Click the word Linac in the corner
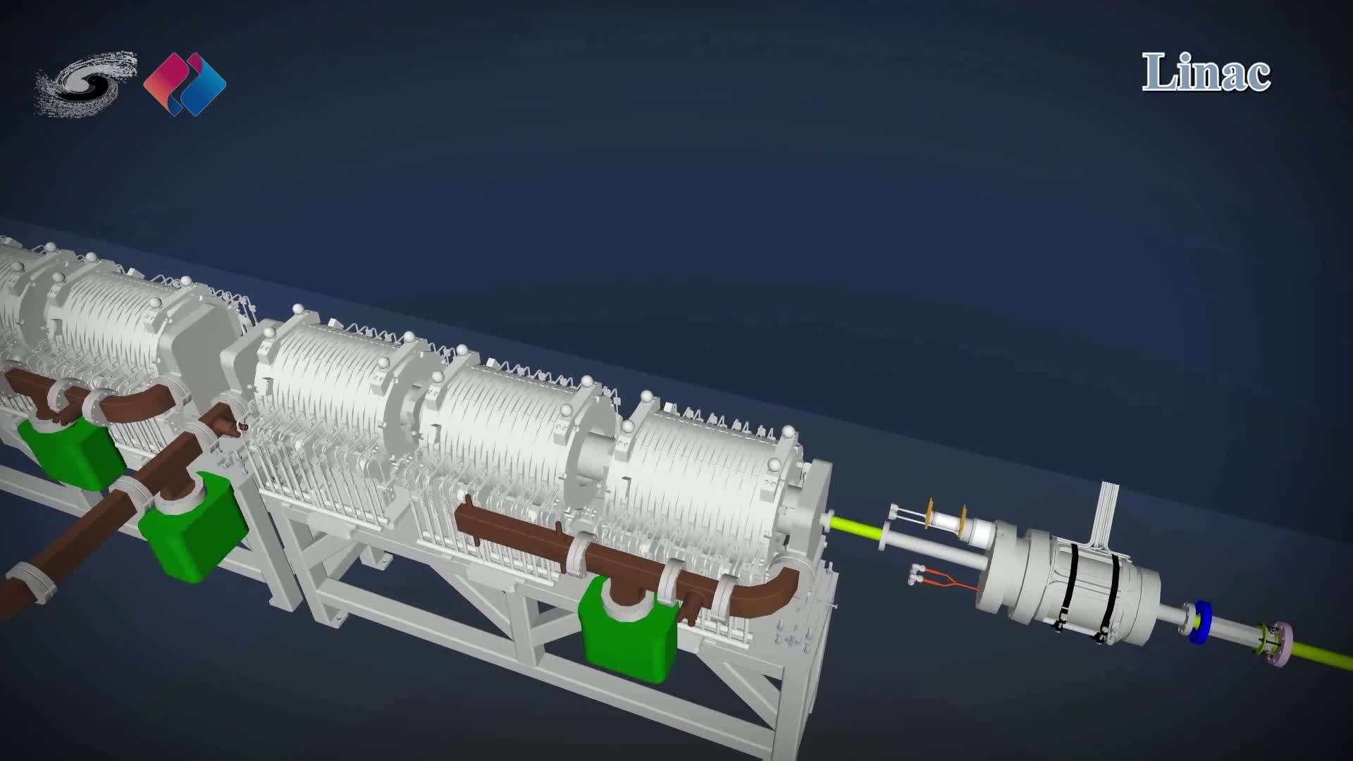pos(1206,73)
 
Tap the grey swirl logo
pos(85,82)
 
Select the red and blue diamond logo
pos(185,84)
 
